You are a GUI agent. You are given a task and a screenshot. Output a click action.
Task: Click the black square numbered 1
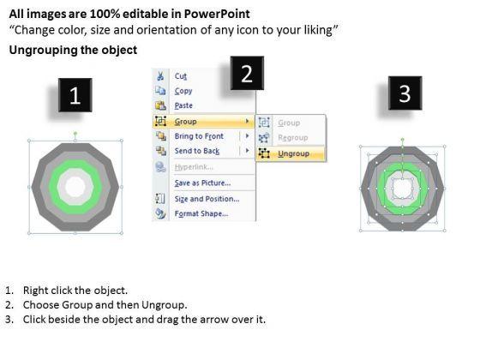coord(75,95)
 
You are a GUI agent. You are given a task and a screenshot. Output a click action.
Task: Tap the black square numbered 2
coord(247,73)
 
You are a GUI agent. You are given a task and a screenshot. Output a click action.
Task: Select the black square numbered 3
coord(405,93)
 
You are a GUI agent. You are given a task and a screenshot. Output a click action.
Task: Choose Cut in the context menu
coord(181,76)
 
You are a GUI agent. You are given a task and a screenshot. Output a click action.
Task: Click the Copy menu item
coord(183,91)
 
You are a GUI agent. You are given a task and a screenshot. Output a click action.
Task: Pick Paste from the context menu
coord(183,105)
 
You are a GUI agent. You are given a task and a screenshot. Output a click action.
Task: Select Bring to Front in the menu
coord(199,136)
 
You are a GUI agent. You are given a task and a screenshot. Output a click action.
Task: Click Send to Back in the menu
coord(197,151)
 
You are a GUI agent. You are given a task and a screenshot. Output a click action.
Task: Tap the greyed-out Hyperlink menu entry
coord(194,167)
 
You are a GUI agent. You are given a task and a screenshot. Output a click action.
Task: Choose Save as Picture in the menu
coord(202,183)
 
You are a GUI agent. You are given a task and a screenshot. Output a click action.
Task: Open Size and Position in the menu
coord(207,199)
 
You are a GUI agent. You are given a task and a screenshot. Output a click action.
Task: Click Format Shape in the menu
coord(201,213)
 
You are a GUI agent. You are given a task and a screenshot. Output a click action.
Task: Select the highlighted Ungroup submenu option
coord(293,153)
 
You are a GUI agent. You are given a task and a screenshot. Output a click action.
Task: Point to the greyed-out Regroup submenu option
coord(292,138)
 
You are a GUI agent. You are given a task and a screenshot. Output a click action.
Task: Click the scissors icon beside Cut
coord(160,76)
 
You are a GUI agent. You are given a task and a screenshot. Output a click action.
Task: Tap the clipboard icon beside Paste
coord(160,105)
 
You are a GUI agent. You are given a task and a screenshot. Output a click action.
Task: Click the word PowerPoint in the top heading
coord(217,14)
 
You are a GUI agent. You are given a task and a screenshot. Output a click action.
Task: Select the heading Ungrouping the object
coord(73,50)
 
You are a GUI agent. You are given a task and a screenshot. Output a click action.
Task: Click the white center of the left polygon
coord(75,187)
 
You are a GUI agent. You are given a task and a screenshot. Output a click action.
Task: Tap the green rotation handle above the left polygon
coord(75,133)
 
